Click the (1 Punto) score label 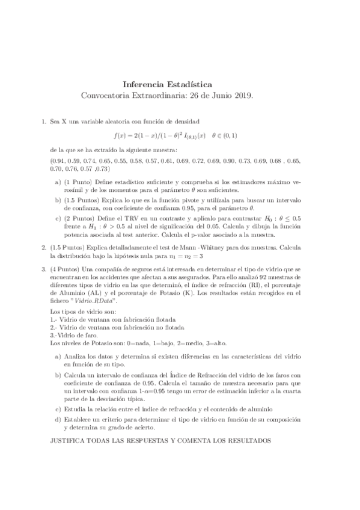[x=77, y=181]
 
